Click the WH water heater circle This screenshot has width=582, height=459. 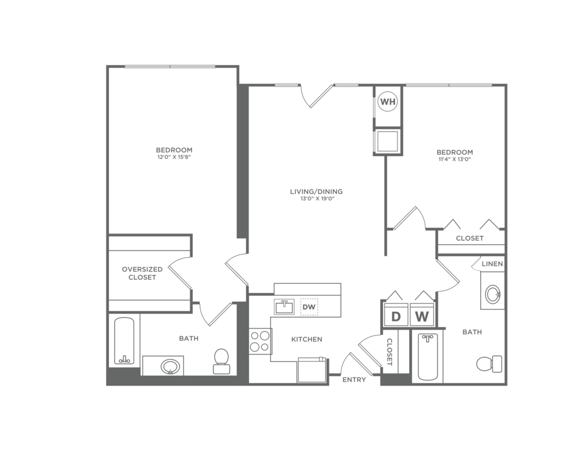tap(388, 102)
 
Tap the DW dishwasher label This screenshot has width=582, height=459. tap(308, 306)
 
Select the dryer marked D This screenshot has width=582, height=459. tap(396, 317)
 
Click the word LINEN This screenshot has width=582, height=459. tap(492, 264)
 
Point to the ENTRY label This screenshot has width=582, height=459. tap(354, 380)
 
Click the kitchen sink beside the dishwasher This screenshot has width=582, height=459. tap(285, 306)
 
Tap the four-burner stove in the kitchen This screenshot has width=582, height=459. tap(260, 341)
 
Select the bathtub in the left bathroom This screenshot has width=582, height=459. tap(124, 341)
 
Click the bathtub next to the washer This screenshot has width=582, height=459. tap(428, 356)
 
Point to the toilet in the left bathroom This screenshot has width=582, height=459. tap(221, 360)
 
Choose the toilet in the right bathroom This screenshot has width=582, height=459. tap(489, 364)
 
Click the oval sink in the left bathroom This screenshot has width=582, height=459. tap(171, 366)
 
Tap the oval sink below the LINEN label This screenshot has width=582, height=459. tap(492, 294)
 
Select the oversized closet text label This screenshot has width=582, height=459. tap(142, 273)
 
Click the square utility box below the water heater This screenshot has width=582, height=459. tap(388, 141)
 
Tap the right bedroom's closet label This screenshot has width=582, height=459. tap(469, 238)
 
